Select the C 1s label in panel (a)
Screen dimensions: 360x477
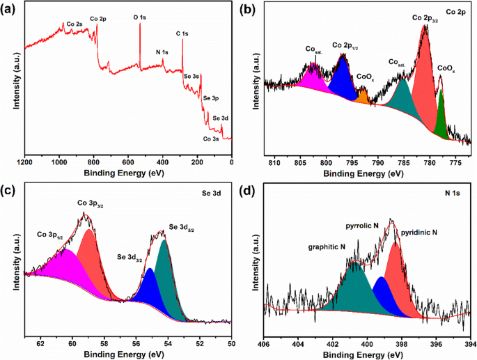(x=183, y=33)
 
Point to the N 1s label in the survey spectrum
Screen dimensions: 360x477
(x=162, y=52)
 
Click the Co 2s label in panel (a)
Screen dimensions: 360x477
(x=75, y=24)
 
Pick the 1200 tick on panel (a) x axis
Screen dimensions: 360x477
(x=25, y=162)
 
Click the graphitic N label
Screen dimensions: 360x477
(x=327, y=248)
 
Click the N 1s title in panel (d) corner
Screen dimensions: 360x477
(x=452, y=197)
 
